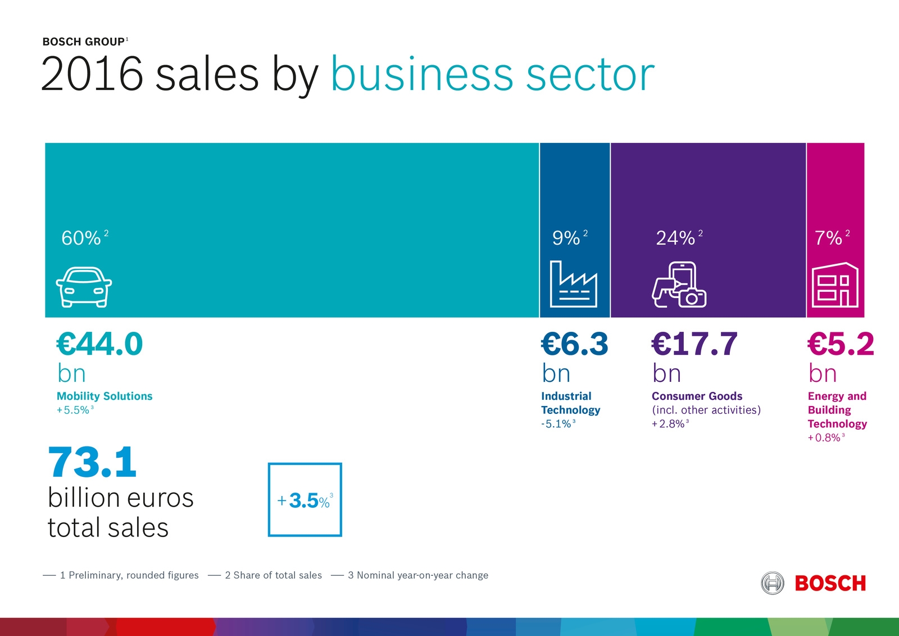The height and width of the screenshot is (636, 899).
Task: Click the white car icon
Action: [x=84, y=287]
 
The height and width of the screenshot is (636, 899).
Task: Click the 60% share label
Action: [x=81, y=238]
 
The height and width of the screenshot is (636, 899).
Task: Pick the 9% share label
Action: [x=566, y=238]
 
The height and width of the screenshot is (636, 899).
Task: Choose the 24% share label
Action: [x=676, y=238]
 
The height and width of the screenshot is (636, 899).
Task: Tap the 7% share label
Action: [x=829, y=238]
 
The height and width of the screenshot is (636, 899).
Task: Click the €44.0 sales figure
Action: [x=100, y=344]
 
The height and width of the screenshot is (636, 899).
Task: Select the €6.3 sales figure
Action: [x=574, y=344]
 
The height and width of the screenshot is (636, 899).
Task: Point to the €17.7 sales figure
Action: [x=694, y=344]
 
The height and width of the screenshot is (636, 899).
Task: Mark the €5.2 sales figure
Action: [x=841, y=344]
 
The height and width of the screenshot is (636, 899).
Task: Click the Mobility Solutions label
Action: [x=105, y=396]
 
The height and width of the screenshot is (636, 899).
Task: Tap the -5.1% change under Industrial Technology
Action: [x=556, y=424]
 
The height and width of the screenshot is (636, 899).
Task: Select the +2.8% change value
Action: [x=668, y=424]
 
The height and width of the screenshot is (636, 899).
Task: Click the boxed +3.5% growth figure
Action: [x=305, y=500]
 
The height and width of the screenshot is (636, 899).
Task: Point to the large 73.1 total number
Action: [x=92, y=463]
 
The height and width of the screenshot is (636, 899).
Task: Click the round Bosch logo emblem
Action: [x=773, y=583]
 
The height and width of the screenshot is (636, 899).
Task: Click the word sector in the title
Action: [x=590, y=74]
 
